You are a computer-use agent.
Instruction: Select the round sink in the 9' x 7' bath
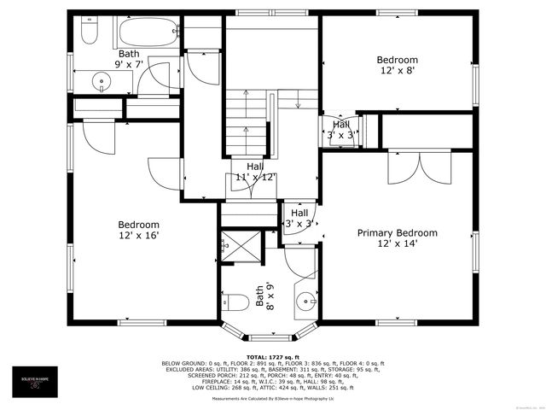[102, 82]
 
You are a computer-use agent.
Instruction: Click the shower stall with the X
[241, 245]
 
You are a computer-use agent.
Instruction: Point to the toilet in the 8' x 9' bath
[239, 302]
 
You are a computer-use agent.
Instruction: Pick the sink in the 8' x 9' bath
[305, 301]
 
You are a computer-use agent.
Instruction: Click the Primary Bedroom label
[397, 233]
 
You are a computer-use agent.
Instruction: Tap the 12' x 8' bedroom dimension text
[398, 72]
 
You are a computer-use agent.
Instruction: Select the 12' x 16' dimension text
[138, 236]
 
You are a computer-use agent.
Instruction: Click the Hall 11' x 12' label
[255, 172]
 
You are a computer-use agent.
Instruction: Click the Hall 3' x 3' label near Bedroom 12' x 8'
[340, 130]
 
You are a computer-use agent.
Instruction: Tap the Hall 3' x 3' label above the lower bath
[299, 218]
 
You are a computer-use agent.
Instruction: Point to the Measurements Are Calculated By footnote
[273, 398]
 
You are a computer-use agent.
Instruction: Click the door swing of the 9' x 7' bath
[154, 79]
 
